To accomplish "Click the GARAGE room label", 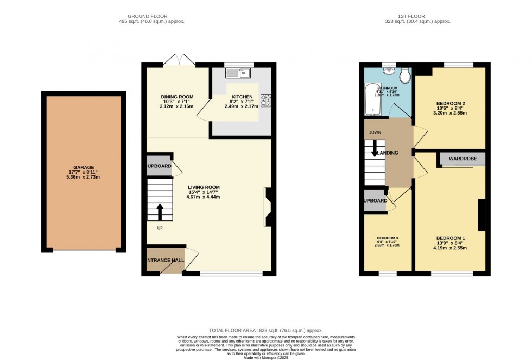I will pos(84,168).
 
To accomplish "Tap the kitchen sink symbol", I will pos(239,73).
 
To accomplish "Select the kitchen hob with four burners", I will pos(267,100).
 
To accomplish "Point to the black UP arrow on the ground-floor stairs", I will pos(160,210).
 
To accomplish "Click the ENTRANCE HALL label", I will pos(164,260).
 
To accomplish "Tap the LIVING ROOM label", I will pos(204,187).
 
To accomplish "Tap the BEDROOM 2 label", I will pos(451,103).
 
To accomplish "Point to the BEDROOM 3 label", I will pos(388,238).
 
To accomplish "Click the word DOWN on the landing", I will pos(374,132).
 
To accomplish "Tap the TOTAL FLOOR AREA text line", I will pos(266,330).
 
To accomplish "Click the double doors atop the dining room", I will pos(179,60).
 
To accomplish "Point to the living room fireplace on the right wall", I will pos(268,206).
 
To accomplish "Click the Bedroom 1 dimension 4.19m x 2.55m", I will pos(450,248).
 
